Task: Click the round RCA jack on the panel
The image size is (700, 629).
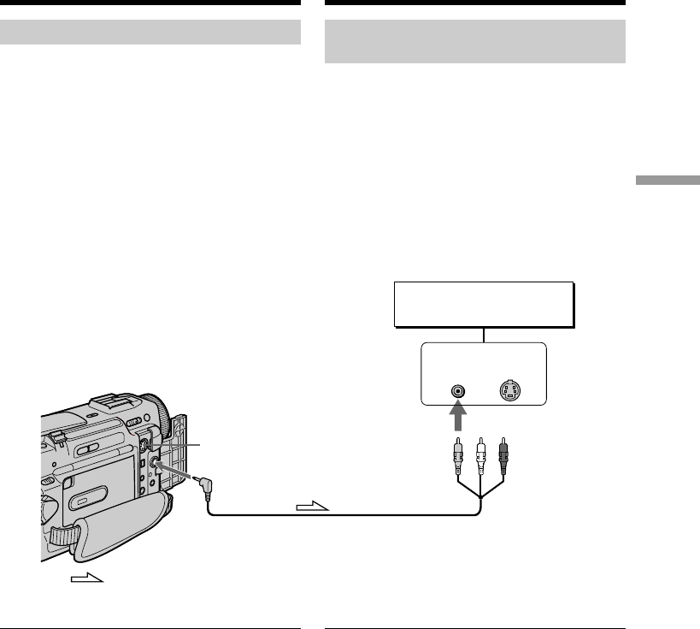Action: pyautogui.click(x=459, y=392)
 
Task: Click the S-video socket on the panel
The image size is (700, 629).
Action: pyautogui.click(x=510, y=392)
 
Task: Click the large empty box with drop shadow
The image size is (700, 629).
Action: pyautogui.click(x=483, y=304)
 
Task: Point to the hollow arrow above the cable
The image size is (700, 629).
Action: pyautogui.click(x=313, y=507)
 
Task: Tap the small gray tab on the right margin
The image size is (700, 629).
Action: pyautogui.click(x=667, y=181)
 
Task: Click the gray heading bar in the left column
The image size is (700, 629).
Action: pyautogui.click(x=150, y=33)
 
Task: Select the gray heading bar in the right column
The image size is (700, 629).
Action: pyautogui.click(x=475, y=42)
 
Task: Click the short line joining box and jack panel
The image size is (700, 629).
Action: pyautogui.click(x=483, y=335)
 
